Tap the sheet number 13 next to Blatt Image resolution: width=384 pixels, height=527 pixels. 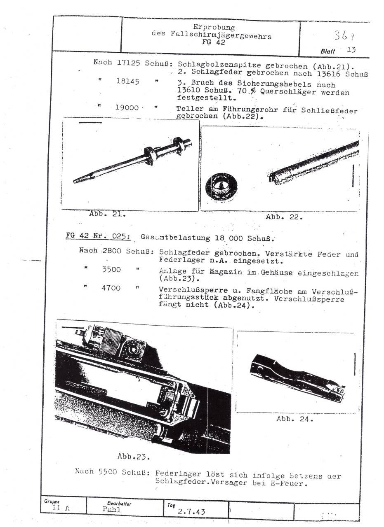click(x=352, y=50)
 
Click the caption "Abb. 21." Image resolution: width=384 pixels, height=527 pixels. click(x=107, y=214)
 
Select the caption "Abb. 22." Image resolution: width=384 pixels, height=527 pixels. click(x=284, y=217)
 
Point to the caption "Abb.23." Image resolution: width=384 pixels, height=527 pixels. click(x=133, y=456)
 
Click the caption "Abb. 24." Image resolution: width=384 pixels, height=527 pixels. click(x=294, y=420)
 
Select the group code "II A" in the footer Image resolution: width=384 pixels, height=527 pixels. click(x=61, y=508)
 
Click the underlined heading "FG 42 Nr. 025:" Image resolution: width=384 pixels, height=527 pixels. click(x=98, y=237)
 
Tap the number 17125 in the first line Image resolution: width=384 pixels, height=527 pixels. click(x=130, y=63)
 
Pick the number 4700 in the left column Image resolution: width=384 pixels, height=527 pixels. click(x=111, y=288)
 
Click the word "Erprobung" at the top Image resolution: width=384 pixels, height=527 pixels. click(x=214, y=28)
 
